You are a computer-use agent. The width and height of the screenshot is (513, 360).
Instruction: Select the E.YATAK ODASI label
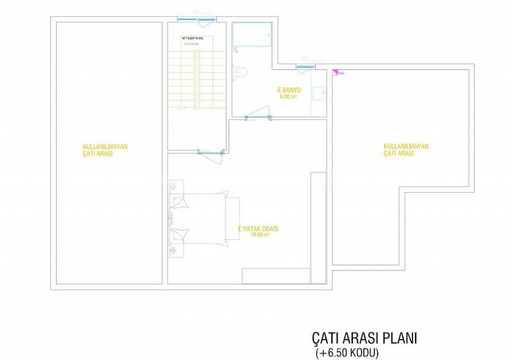[x=258, y=228]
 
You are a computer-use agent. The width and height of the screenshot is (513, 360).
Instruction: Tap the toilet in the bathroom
[x=242, y=71]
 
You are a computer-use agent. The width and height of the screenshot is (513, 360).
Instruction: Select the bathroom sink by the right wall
[x=318, y=93]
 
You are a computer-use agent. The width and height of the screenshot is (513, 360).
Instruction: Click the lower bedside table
[x=175, y=249]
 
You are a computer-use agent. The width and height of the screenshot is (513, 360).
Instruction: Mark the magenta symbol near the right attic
[x=335, y=71]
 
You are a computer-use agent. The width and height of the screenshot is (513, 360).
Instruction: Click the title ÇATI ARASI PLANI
[x=365, y=340]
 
